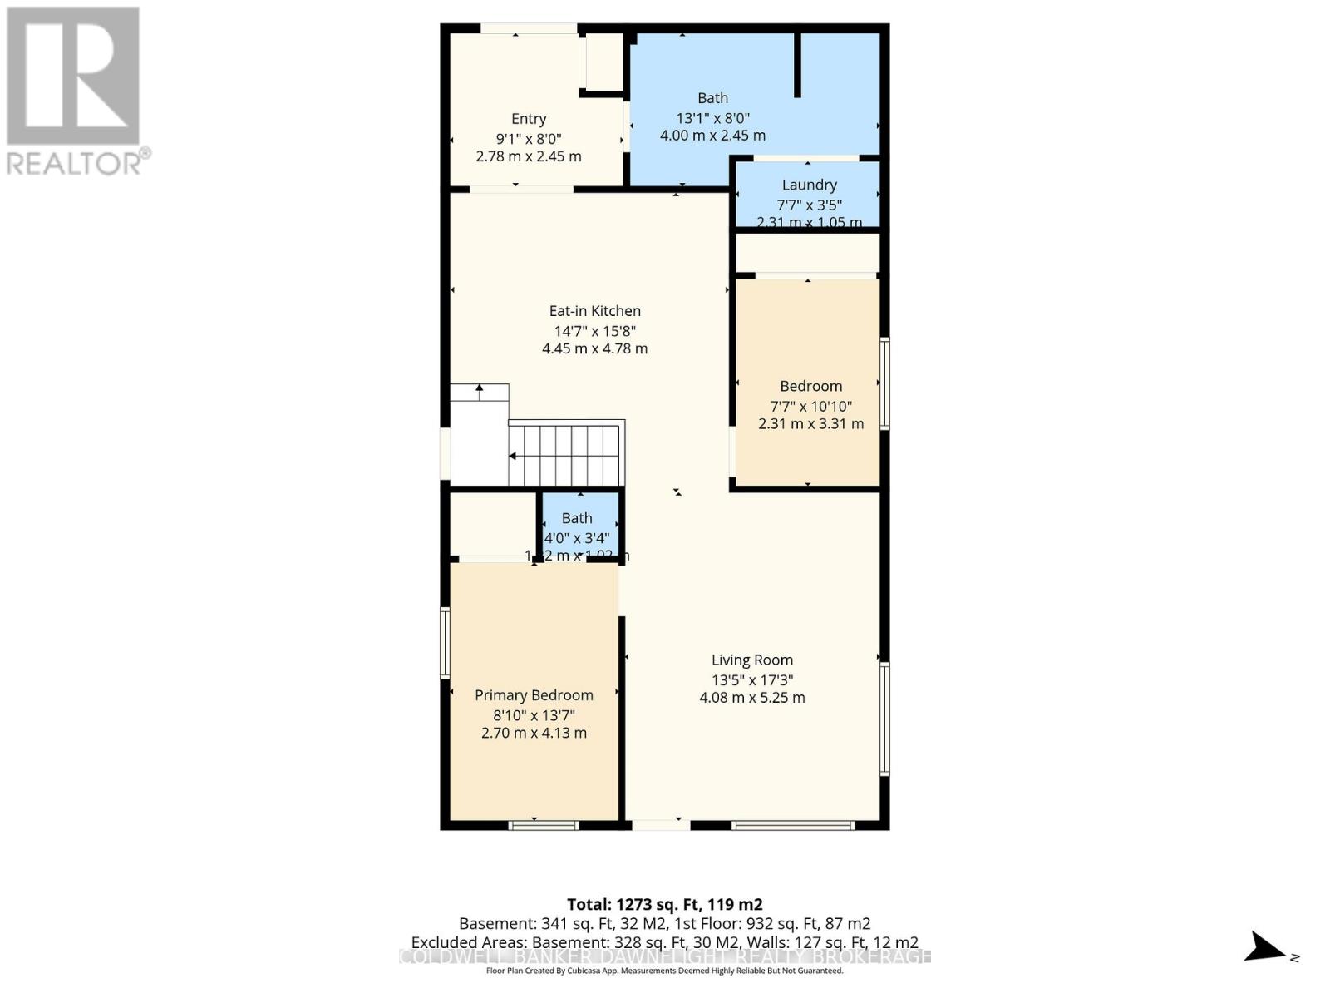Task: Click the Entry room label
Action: tap(529, 119)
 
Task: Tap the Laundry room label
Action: tap(809, 185)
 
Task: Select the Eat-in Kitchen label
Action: tap(594, 311)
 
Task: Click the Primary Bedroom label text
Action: tap(534, 695)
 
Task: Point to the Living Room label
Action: tap(751, 660)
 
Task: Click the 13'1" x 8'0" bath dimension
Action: tap(712, 118)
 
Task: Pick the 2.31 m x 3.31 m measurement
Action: tap(810, 424)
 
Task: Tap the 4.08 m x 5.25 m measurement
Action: tap(751, 698)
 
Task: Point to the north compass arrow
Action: tap(1267, 947)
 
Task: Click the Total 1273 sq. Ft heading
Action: tap(664, 904)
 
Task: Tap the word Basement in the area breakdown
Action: tap(497, 923)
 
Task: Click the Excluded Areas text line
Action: tap(664, 942)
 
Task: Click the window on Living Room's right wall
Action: tap(884, 719)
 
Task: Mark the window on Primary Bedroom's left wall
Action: tap(446, 642)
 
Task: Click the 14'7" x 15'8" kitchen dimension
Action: tap(594, 330)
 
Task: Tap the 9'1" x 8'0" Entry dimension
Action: tap(529, 139)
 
